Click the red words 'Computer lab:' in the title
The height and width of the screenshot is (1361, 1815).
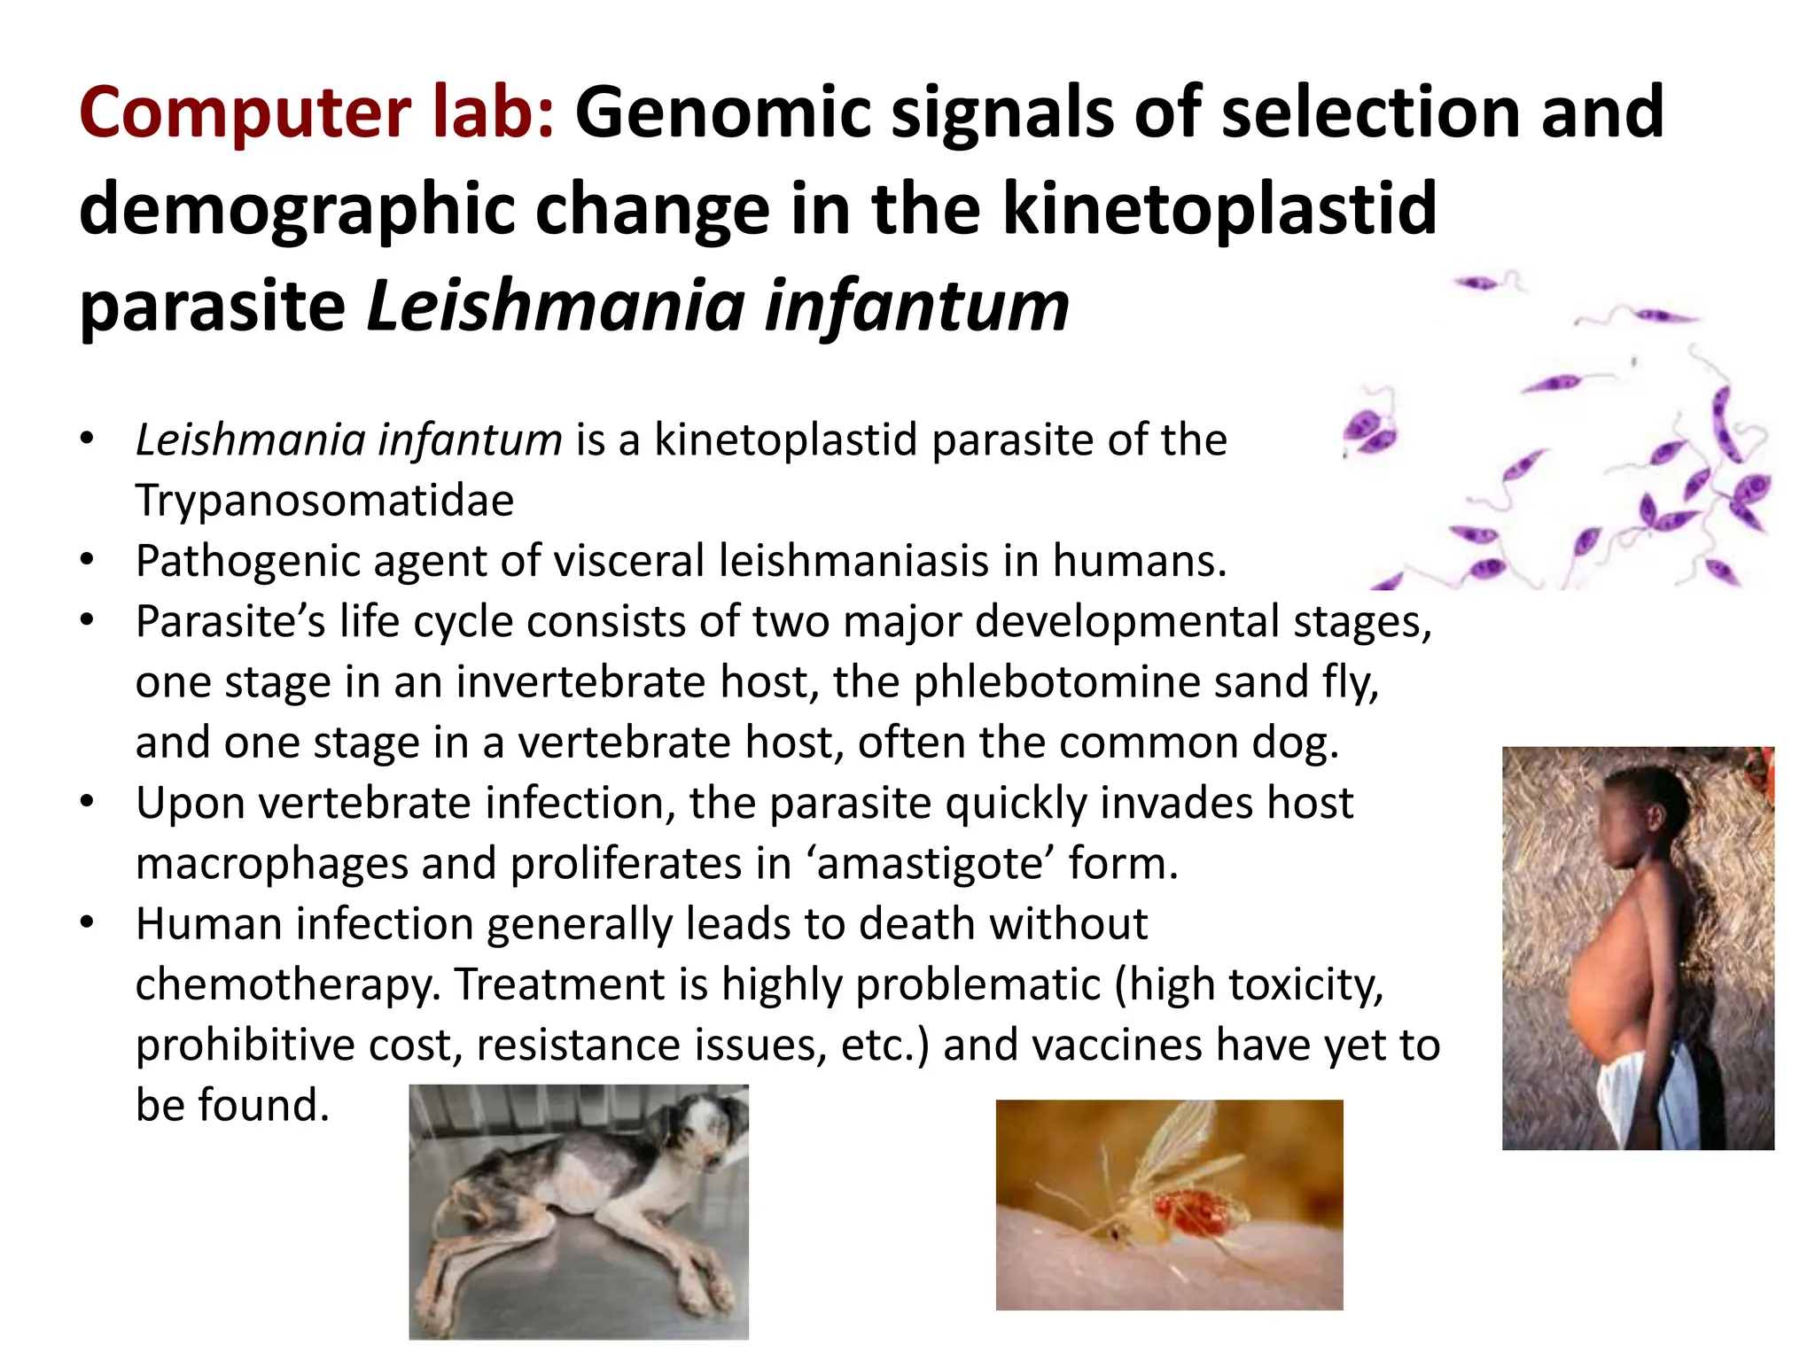[x=316, y=113]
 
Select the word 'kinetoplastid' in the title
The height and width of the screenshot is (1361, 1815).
[x=1219, y=209]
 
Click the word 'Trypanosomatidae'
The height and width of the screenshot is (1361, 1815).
[x=324, y=500]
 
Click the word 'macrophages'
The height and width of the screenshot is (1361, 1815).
[x=270, y=863]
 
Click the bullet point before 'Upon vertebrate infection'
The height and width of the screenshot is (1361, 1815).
[x=86, y=801]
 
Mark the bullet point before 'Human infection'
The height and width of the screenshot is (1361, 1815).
[x=86, y=922]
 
